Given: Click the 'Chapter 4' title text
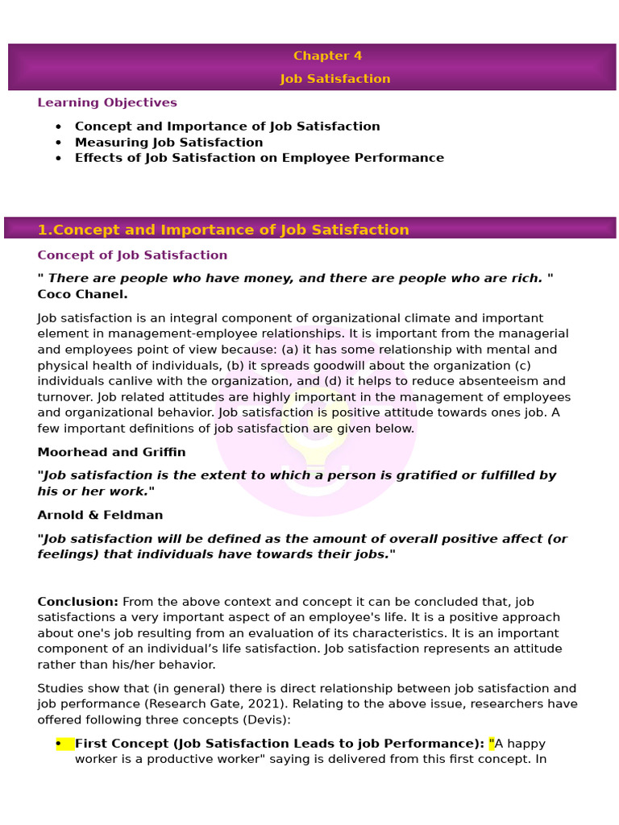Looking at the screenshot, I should (327, 56).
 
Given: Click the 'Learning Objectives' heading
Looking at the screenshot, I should (107, 102).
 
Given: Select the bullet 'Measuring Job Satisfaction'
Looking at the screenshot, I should (168, 143).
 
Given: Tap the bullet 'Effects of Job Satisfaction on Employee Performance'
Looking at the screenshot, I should (259, 158).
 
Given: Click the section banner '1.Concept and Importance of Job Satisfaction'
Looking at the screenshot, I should (223, 230).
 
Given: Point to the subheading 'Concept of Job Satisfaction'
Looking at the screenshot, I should (132, 255).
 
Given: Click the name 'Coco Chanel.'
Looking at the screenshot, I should (82, 294).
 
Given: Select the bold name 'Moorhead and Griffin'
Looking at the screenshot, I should (111, 452).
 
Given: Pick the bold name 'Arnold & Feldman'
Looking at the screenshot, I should (100, 515).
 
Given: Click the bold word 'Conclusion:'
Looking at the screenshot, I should (77, 602).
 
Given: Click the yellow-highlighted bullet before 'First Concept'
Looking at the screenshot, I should (64, 744).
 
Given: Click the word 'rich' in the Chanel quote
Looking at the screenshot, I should (524, 278).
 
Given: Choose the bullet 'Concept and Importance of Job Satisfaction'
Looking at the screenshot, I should (226, 126).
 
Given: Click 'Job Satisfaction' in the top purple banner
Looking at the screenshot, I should (335, 79).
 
